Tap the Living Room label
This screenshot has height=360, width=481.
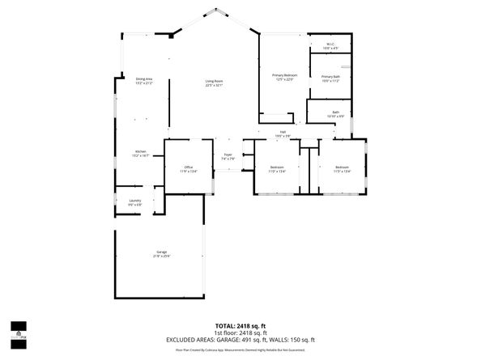tap(214, 81)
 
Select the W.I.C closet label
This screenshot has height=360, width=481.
tap(330, 44)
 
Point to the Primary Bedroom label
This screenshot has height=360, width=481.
tap(284, 75)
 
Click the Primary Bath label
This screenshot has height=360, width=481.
tap(330, 77)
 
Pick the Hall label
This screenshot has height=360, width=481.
tap(283, 132)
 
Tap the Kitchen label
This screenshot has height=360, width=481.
tap(140, 152)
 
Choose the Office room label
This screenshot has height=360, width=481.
tap(188, 167)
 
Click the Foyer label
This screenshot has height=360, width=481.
tap(228, 157)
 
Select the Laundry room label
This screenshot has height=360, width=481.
tap(134, 201)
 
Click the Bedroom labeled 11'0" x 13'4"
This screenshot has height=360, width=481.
tap(277, 167)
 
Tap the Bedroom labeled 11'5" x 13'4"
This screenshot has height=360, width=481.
tap(342, 167)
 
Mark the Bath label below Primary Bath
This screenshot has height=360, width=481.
tap(335, 113)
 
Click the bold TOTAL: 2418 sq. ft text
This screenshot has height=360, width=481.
tap(240, 325)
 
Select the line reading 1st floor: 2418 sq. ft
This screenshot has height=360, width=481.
tap(240, 332)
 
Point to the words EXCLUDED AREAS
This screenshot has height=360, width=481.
tap(194, 340)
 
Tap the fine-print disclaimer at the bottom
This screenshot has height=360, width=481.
tap(240, 350)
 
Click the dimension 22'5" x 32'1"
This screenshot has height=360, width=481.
tap(214, 85)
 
